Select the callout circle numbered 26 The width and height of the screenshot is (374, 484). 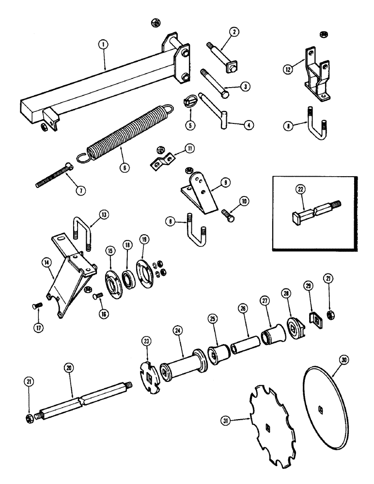[x=243, y=308]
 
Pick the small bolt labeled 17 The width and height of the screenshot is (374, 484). [x=37, y=305]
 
